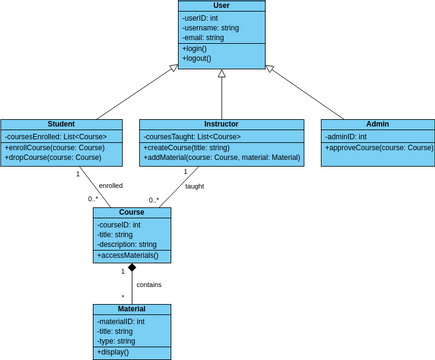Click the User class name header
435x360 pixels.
221,6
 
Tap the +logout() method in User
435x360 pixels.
197,59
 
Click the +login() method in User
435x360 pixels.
195,49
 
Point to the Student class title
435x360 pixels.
61,124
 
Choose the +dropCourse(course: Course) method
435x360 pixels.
53,157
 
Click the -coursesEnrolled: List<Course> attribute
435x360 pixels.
55,136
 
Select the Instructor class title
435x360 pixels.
221,124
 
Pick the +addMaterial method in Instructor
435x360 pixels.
221,157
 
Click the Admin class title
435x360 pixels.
378,124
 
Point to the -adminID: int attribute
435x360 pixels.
346,136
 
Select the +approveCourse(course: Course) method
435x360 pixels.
379,147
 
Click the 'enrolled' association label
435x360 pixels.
110,185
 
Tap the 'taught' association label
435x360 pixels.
194,186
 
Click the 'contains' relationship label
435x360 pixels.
149,284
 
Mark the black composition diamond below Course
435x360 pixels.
132,269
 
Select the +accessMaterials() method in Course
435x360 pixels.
128,256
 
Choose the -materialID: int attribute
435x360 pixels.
121,321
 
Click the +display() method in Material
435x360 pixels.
113,352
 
